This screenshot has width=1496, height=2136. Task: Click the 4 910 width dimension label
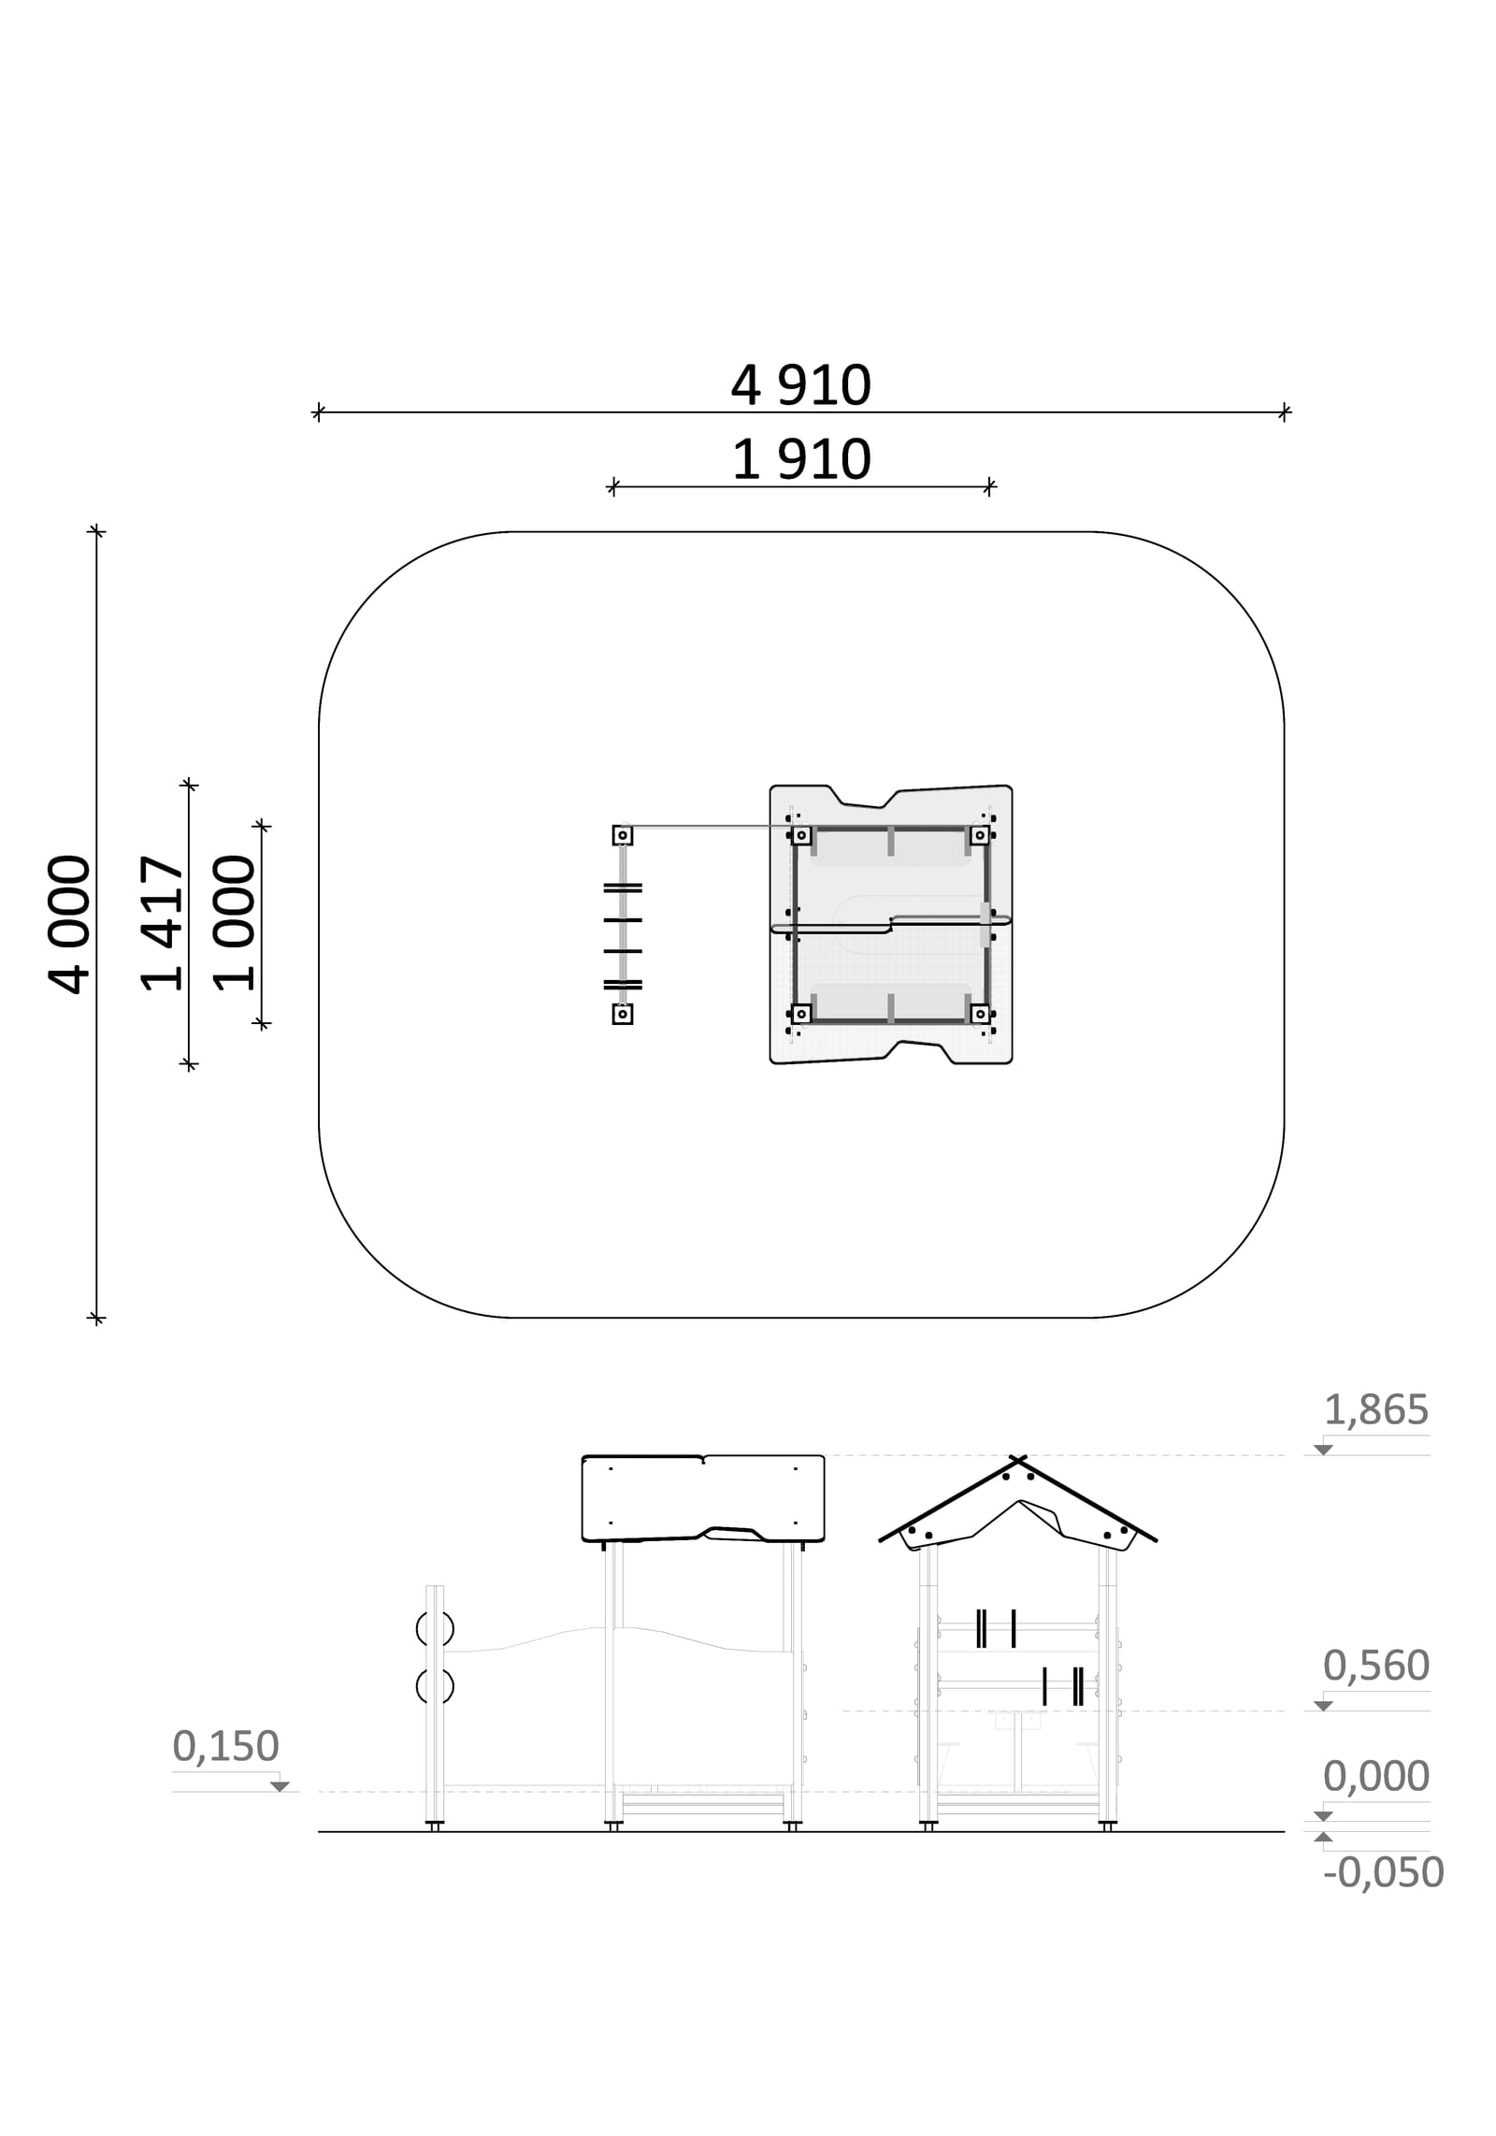pyautogui.click(x=800, y=384)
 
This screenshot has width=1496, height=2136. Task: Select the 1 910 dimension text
pyautogui.click(x=800, y=459)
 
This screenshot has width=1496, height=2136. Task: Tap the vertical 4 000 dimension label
pyautogui.click(x=69, y=923)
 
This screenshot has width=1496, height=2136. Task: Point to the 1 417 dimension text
pyautogui.click(x=162, y=923)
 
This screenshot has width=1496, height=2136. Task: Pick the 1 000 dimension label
pyautogui.click(x=234, y=923)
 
